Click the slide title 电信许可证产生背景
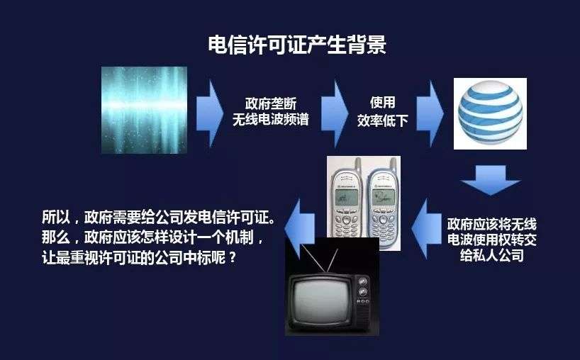point(297,45)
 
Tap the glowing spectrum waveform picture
point(144,110)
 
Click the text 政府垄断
point(271,104)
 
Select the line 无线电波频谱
point(271,119)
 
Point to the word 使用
point(382,102)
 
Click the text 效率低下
point(382,120)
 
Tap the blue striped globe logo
point(490,113)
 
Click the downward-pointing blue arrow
point(491,180)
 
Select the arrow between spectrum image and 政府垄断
point(210,113)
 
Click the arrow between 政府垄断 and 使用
point(335,113)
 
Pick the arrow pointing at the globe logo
point(430,113)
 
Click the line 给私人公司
point(491,255)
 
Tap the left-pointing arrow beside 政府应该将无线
point(426,229)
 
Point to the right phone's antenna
point(394,167)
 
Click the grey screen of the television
point(320,301)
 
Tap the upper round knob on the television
point(363,281)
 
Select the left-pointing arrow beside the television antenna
point(300,229)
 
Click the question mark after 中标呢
point(233,258)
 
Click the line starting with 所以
point(159,217)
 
